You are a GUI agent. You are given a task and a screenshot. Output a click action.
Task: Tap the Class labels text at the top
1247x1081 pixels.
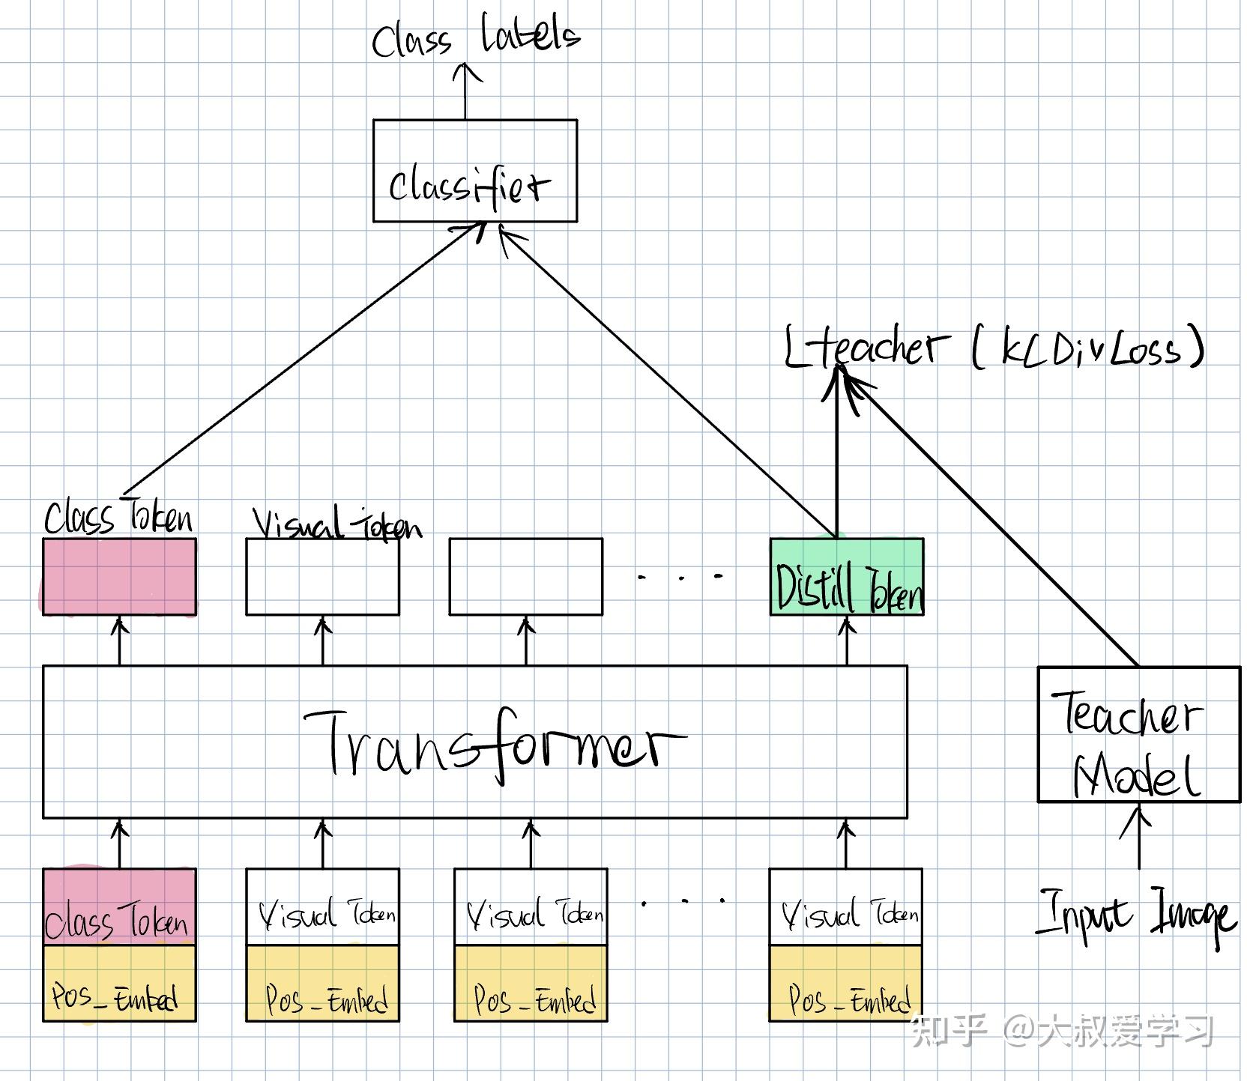tap(476, 35)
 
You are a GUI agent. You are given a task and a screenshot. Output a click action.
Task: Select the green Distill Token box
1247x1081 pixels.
tap(847, 577)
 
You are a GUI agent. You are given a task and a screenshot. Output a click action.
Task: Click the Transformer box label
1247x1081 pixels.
tap(495, 745)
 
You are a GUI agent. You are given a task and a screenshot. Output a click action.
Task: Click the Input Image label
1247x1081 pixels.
tap(1135, 915)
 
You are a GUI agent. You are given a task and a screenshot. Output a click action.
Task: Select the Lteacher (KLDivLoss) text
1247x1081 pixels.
tap(994, 347)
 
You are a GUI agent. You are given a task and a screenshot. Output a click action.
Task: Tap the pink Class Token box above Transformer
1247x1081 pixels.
tap(119, 577)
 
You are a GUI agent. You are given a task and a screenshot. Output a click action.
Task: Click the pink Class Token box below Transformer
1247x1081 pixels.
tap(119, 906)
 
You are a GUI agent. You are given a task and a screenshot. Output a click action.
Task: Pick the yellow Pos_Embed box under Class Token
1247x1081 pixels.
tap(119, 983)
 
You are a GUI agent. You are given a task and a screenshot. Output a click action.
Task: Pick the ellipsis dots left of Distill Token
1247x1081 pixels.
tap(680, 577)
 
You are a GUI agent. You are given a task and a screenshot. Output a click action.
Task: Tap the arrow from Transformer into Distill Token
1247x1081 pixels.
tap(847, 641)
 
